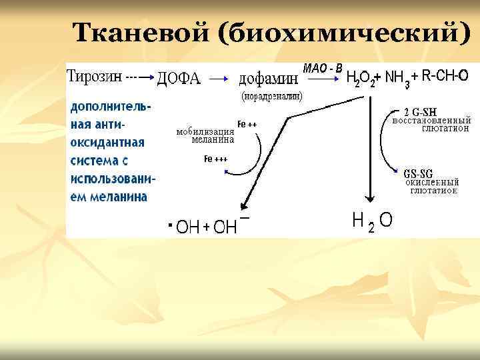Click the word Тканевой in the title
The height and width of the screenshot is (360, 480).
pos(142,33)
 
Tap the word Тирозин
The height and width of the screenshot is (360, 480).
pos(95,76)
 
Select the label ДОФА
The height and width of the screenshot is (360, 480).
pos(178,79)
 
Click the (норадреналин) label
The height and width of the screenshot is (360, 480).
pos(271,96)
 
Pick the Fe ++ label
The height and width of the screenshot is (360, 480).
pos(247,125)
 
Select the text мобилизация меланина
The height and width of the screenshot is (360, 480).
pos(205,136)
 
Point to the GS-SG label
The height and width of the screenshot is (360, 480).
pos(420,173)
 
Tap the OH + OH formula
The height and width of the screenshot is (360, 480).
pos(207,227)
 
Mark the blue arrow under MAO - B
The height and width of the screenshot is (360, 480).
pos(323,79)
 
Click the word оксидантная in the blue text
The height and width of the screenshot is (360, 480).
pos(107,142)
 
